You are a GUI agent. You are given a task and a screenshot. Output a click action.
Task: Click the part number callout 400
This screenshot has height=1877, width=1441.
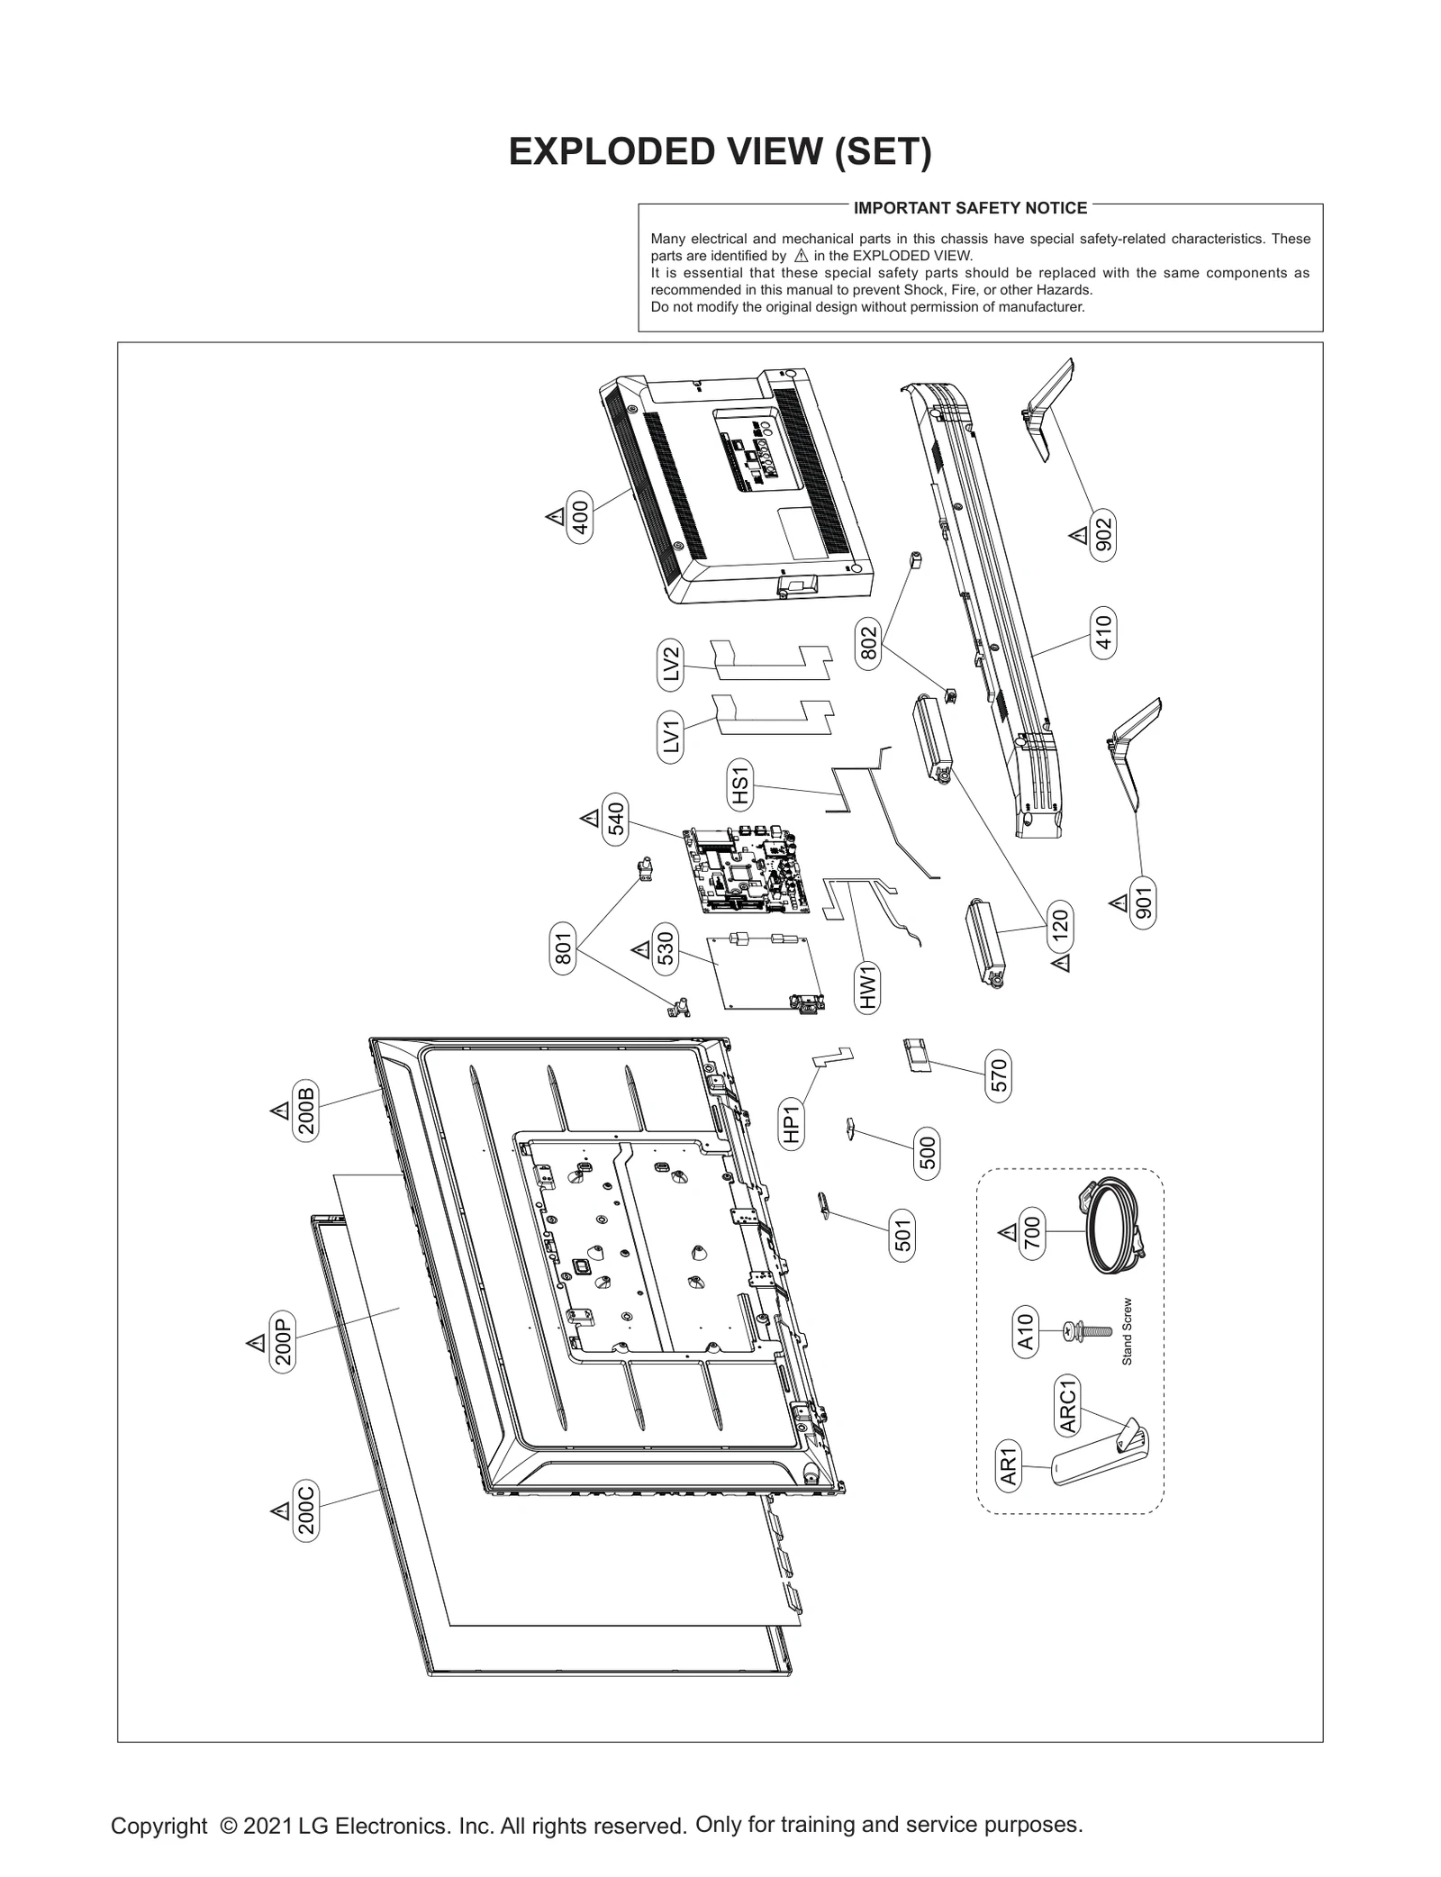(581, 518)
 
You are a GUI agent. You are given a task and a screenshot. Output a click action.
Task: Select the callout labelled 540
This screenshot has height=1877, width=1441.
(616, 819)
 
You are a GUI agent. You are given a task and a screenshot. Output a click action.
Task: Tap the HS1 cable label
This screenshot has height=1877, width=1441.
(739, 784)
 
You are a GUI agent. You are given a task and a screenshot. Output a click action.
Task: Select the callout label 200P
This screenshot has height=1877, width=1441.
(283, 1342)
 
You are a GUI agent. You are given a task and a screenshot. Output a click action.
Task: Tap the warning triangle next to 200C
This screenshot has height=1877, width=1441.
(280, 1510)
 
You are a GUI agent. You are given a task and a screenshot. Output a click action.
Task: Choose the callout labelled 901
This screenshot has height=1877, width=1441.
(1143, 902)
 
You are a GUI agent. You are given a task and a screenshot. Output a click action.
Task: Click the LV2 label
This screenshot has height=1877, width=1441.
(670, 665)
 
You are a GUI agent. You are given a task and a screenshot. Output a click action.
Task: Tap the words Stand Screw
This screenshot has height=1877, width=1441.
(1127, 1331)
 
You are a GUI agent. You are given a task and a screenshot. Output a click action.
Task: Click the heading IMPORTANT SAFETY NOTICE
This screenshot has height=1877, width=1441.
(970, 208)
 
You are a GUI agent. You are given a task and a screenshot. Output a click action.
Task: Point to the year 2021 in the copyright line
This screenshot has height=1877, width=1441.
(267, 1826)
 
